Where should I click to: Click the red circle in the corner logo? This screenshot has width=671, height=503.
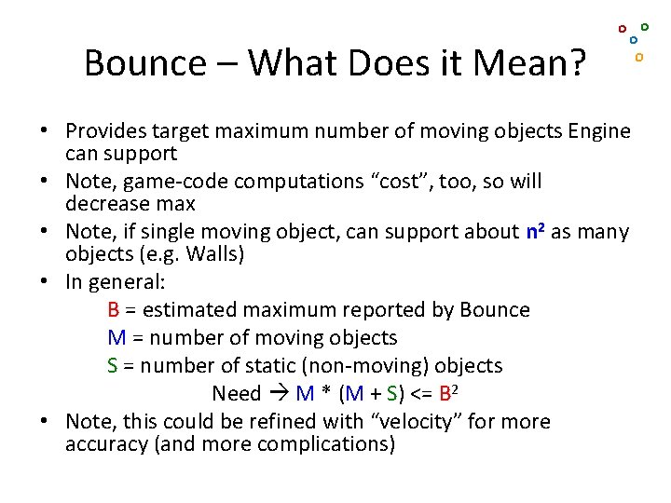click(623, 29)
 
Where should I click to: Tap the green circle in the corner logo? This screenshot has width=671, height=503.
click(645, 27)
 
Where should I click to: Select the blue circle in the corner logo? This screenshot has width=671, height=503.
click(634, 40)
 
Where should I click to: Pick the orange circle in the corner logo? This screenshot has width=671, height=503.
click(639, 57)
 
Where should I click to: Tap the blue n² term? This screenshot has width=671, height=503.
click(535, 231)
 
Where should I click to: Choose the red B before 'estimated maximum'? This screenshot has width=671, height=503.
click(113, 310)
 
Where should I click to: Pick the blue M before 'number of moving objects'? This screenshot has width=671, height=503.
click(116, 338)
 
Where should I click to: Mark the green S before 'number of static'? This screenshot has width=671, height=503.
click(113, 366)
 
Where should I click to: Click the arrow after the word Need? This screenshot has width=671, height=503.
click(279, 394)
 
